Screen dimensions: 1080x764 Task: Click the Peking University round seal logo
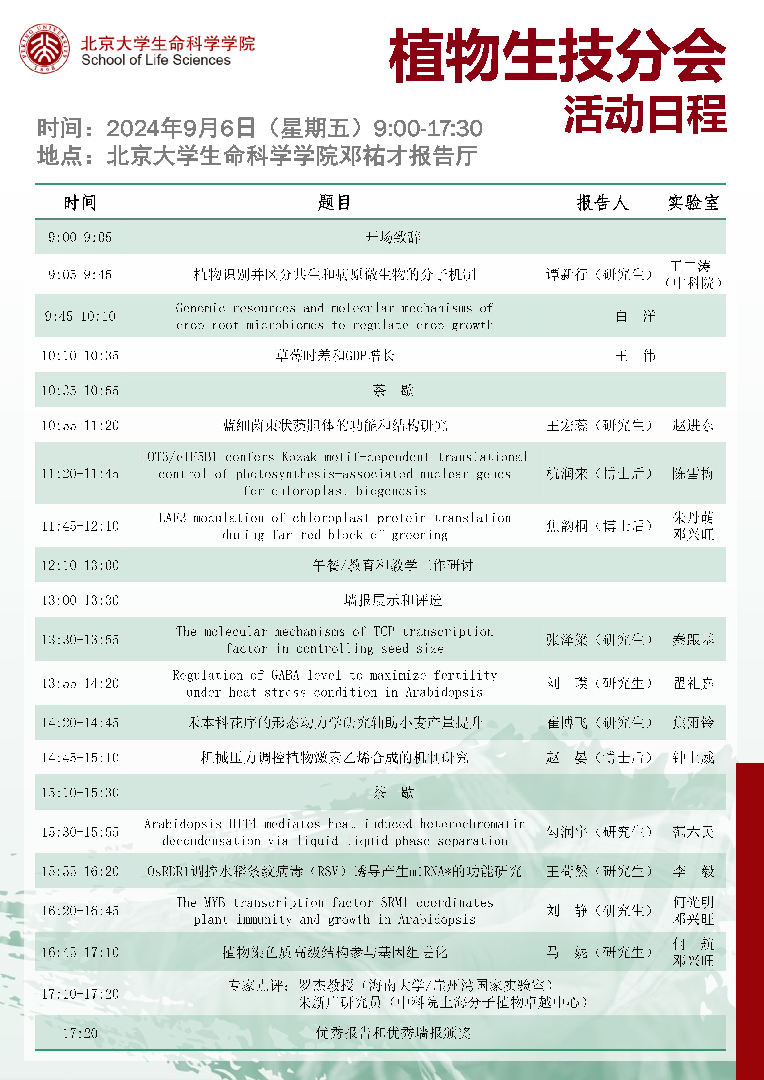point(45,48)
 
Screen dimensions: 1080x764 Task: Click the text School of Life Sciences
point(156,60)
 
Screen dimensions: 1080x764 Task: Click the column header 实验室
point(693,203)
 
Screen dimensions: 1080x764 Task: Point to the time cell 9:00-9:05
point(80,237)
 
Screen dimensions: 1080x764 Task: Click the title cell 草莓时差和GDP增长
point(335,356)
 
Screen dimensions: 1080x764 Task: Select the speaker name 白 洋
point(635,316)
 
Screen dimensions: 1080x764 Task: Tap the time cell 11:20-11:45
point(80,474)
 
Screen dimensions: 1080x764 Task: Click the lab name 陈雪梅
point(693,474)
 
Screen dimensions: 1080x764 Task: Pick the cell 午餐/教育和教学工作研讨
point(393,565)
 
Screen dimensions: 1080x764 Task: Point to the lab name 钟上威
point(693,758)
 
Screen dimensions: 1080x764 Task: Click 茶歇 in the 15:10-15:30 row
point(393,793)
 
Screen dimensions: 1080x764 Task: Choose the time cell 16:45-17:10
point(80,953)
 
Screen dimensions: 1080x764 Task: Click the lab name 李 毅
point(693,872)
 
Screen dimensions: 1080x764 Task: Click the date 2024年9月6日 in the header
point(181,128)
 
